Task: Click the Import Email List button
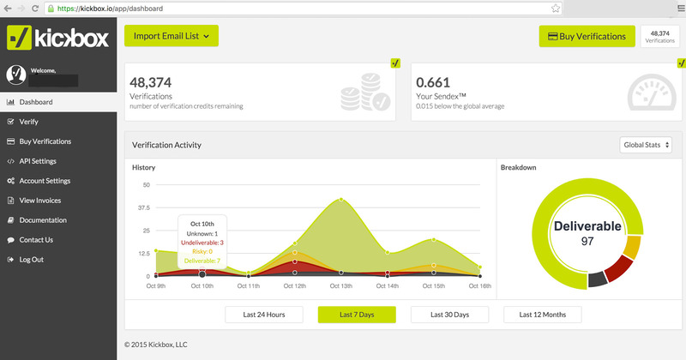pos(171,36)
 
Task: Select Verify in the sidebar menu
pos(28,122)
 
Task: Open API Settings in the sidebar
pos(38,161)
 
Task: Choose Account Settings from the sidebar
pos(44,181)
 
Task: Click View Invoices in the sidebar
pos(39,201)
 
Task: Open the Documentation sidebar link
pos(42,220)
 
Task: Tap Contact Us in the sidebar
pos(35,240)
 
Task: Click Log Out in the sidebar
pos(31,260)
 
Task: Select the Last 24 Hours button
pos(263,315)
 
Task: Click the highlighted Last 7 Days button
pos(357,315)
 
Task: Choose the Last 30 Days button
pos(449,315)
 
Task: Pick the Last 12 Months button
pos(542,315)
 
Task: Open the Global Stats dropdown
pos(645,146)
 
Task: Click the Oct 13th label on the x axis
pos(340,285)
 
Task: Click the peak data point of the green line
pos(341,199)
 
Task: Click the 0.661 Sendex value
pos(432,83)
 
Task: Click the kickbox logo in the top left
pos(57,38)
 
